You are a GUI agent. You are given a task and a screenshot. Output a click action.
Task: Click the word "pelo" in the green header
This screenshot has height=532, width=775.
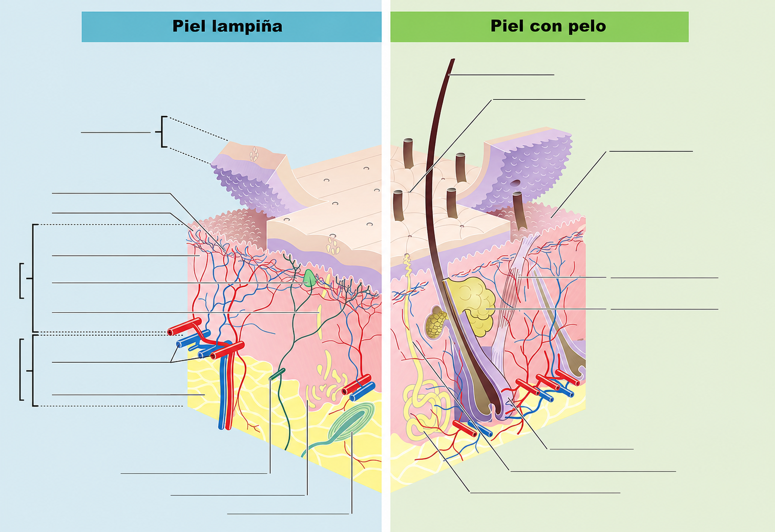click(x=587, y=27)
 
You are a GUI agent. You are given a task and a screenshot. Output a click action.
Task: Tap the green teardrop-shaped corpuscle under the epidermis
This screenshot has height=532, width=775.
click(x=310, y=278)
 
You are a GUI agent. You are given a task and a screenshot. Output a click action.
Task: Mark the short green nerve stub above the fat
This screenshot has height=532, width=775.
click(x=277, y=374)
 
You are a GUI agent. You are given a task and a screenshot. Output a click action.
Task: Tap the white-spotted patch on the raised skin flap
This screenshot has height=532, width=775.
click(x=254, y=154)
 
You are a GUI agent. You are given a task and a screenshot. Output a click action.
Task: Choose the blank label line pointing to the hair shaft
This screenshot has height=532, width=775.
click(x=501, y=75)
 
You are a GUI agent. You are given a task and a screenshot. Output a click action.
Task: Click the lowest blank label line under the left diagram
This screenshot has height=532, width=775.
click(x=288, y=514)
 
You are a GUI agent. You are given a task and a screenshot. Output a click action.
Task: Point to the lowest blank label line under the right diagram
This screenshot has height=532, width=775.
click(x=545, y=493)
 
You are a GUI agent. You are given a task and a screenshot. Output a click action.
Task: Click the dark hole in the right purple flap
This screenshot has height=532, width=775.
click(x=516, y=183)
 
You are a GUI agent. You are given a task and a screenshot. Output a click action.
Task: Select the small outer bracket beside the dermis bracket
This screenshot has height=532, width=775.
click(x=22, y=281)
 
